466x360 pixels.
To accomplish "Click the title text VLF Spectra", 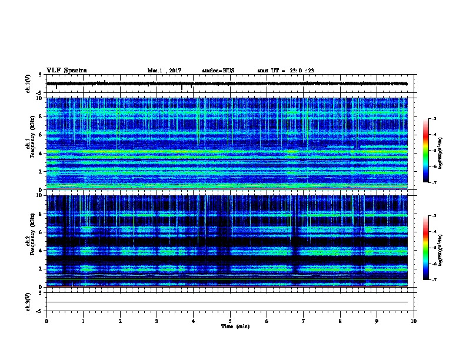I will click(x=66, y=70).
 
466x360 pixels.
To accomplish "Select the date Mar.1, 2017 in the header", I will click(x=164, y=71).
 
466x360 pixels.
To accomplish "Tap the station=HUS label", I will click(x=218, y=71).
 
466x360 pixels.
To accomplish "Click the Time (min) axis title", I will click(x=235, y=326).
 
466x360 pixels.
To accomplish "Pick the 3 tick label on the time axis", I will click(x=157, y=321).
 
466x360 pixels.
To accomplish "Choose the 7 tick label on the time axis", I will click(x=304, y=321).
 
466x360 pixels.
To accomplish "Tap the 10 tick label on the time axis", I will click(x=414, y=321).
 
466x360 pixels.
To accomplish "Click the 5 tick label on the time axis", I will click(x=230, y=321).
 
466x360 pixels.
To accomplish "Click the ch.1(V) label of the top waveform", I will click(x=28, y=84).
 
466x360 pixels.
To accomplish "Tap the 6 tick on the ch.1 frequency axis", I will click(x=42, y=135).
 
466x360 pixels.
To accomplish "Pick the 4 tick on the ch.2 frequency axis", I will click(x=42, y=251).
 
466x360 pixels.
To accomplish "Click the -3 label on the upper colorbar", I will click(x=434, y=119).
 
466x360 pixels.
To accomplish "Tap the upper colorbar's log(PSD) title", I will click(x=441, y=151).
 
